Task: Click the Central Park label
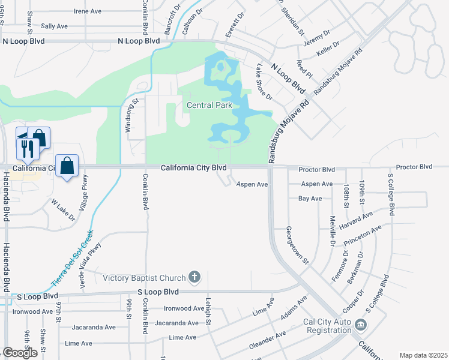(209, 106)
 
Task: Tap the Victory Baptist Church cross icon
(193, 277)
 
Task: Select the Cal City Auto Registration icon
(360, 326)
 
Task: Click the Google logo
(20, 353)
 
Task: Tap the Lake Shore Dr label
(265, 82)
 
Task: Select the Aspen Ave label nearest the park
(252, 184)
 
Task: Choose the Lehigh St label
(208, 312)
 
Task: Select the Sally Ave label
(54, 27)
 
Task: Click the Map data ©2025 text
(423, 355)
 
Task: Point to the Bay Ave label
(311, 198)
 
